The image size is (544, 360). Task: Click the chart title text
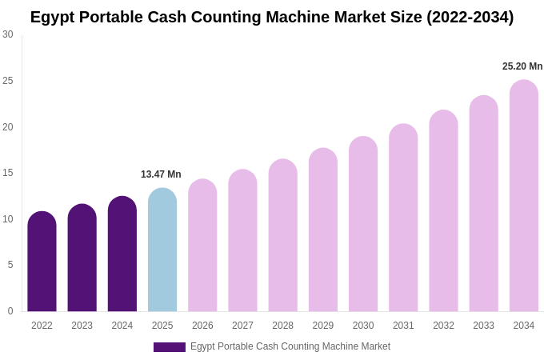point(272,17)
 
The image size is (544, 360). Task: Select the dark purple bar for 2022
point(42,262)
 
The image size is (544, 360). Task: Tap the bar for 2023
point(82,258)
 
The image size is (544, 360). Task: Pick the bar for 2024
point(122,254)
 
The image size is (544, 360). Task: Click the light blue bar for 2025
point(162,250)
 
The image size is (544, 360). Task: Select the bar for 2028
point(282,235)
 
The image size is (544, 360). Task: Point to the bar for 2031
point(403,218)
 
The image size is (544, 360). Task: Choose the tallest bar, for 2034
point(524,196)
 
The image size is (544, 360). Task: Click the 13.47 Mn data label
point(161,174)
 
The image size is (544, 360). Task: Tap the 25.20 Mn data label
point(522,66)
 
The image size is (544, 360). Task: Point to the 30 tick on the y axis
point(8,34)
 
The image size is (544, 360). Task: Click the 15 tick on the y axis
point(8,173)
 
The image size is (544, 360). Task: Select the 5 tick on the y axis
point(10,265)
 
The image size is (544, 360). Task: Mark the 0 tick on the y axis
point(10,311)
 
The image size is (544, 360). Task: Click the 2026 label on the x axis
point(202,326)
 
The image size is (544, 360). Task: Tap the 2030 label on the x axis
point(363,326)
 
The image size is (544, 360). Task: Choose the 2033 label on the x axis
point(483,326)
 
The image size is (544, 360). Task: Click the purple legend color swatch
point(170,347)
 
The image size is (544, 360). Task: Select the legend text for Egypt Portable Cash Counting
point(290,346)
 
